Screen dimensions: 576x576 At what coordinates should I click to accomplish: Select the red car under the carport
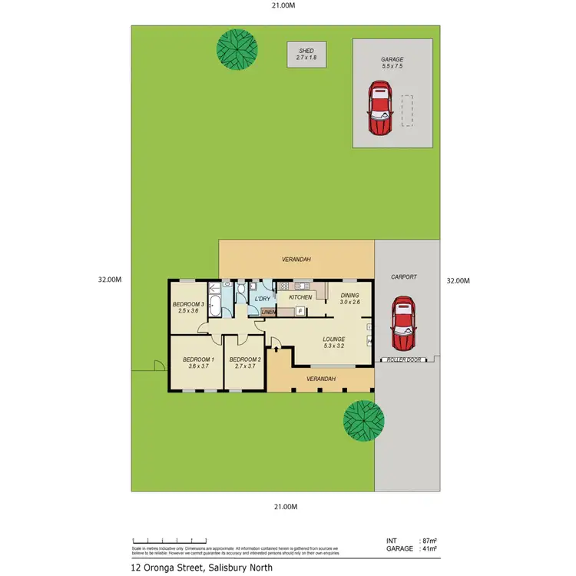[x=402, y=323]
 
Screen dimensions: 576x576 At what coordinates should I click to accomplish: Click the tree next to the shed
[x=237, y=49]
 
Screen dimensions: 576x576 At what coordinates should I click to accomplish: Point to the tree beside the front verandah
[x=363, y=420]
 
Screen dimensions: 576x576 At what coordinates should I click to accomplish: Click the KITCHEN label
[x=300, y=296]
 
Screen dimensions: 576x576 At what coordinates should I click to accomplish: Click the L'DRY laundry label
[x=263, y=298]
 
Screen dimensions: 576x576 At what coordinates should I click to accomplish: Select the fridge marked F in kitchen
[x=300, y=311]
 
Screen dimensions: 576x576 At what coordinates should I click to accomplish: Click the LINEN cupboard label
[x=268, y=312]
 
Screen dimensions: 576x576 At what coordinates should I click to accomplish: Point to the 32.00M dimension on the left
[x=111, y=280]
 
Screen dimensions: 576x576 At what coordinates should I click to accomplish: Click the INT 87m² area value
[x=429, y=541]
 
